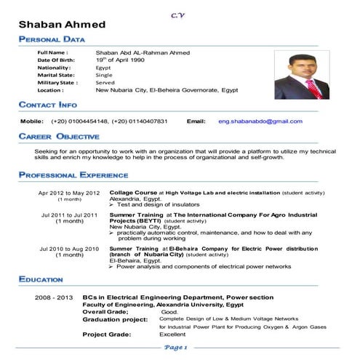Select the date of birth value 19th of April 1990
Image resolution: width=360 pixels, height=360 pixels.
tap(126, 60)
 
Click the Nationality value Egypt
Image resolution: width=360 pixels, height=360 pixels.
tap(104, 68)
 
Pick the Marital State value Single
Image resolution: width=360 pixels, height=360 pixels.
tap(105, 75)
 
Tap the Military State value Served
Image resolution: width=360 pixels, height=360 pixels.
tap(105, 83)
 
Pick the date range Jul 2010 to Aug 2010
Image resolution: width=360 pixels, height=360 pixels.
tap(70, 249)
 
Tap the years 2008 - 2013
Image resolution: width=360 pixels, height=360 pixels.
tap(55, 297)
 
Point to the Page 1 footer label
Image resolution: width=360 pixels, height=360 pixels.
tap(176, 348)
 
